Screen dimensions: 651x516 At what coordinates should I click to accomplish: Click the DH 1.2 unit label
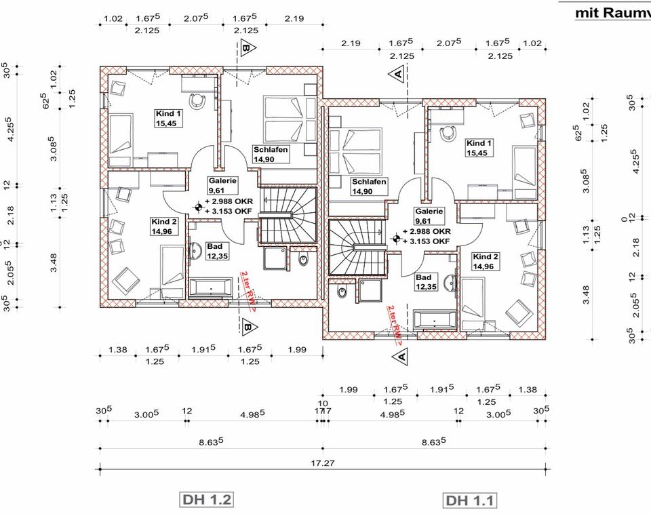coord(207,500)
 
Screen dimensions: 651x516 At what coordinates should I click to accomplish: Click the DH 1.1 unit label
coord(471,501)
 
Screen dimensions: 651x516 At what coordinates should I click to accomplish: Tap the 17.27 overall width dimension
coord(323,464)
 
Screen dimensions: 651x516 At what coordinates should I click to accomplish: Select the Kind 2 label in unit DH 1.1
coord(486,262)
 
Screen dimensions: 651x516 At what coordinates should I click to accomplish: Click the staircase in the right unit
coord(357,247)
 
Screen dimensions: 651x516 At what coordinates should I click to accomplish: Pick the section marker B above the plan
coord(247,48)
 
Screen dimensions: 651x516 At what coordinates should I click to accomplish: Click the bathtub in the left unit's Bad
coord(211,288)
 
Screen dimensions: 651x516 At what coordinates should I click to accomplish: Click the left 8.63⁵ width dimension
coord(211,441)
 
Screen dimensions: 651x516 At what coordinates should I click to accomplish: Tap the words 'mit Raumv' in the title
coord(612,12)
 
